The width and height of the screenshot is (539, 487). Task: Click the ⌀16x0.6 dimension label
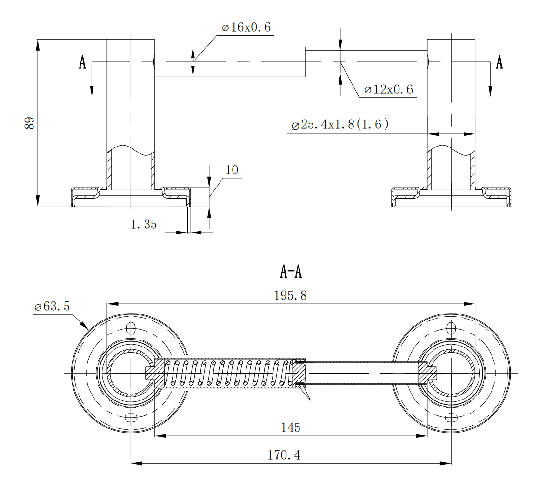click(246, 27)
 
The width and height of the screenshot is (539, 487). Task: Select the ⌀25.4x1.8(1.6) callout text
click(339, 125)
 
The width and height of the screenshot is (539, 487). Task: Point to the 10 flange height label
click(232, 170)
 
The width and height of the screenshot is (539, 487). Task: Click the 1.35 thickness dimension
click(144, 225)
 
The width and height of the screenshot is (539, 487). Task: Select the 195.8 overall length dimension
click(291, 295)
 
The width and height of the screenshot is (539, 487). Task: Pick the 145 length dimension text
click(291, 427)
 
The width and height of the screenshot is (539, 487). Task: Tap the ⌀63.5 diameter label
click(52, 307)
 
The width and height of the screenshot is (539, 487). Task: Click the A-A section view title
click(291, 272)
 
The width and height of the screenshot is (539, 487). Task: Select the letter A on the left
click(82, 62)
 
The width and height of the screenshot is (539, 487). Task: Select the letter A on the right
click(499, 62)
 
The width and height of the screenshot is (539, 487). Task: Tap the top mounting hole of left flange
click(131, 329)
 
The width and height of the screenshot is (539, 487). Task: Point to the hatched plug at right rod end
click(427, 373)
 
